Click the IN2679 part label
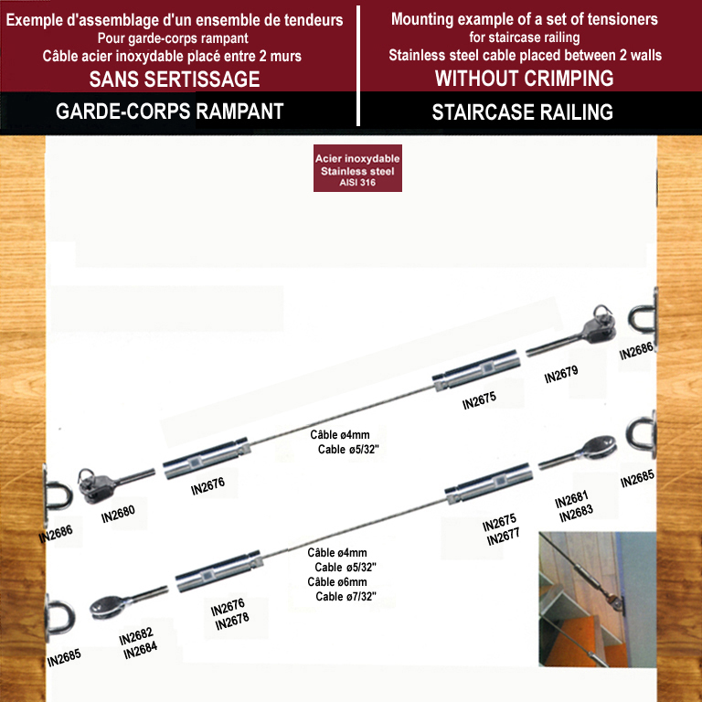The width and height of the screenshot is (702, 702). pyautogui.click(x=561, y=374)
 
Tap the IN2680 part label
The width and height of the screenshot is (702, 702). pyautogui.click(x=118, y=515)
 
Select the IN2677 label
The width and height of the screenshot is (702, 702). pyautogui.click(x=504, y=537)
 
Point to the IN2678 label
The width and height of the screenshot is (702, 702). pyautogui.click(x=232, y=621)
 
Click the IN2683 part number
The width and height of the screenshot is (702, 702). pyautogui.click(x=576, y=513)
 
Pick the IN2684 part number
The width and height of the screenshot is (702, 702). pyautogui.click(x=140, y=650)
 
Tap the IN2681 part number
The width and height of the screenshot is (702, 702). pyautogui.click(x=571, y=499)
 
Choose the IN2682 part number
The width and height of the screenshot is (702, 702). pyautogui.click(x=136, y=636)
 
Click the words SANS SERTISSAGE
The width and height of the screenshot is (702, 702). pyautogui.click(x=175, y=80)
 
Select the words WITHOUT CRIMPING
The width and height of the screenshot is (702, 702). pyautogui.click(x=525, y=79)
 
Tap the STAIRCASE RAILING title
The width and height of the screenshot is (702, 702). pyautogui.click(x=523, y=112)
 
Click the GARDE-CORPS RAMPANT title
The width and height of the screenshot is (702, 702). pyautogui.click(x=170, y=111)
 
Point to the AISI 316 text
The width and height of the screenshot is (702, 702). pyautogui.click(x=357, y=183)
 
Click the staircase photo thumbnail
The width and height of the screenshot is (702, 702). pyautogui.click(x=598, y=599)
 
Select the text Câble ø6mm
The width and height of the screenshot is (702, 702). pyautogui.click(x=337, y=582)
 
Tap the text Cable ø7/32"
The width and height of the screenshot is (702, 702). pyautogui.click(x=346, y=596)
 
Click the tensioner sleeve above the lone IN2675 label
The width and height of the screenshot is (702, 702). pyautogui.click(x=476, y=370)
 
